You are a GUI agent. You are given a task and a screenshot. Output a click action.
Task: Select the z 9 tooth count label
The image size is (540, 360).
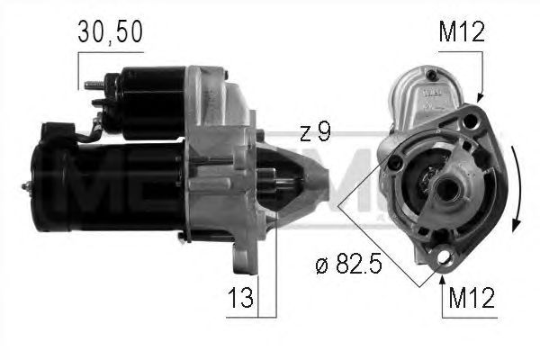[314, 132]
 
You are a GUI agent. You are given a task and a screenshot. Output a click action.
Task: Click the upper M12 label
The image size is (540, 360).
[463, 33]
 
